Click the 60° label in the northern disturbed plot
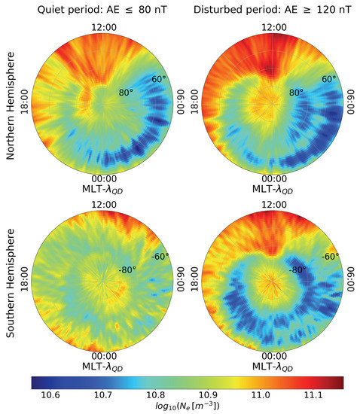329,79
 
